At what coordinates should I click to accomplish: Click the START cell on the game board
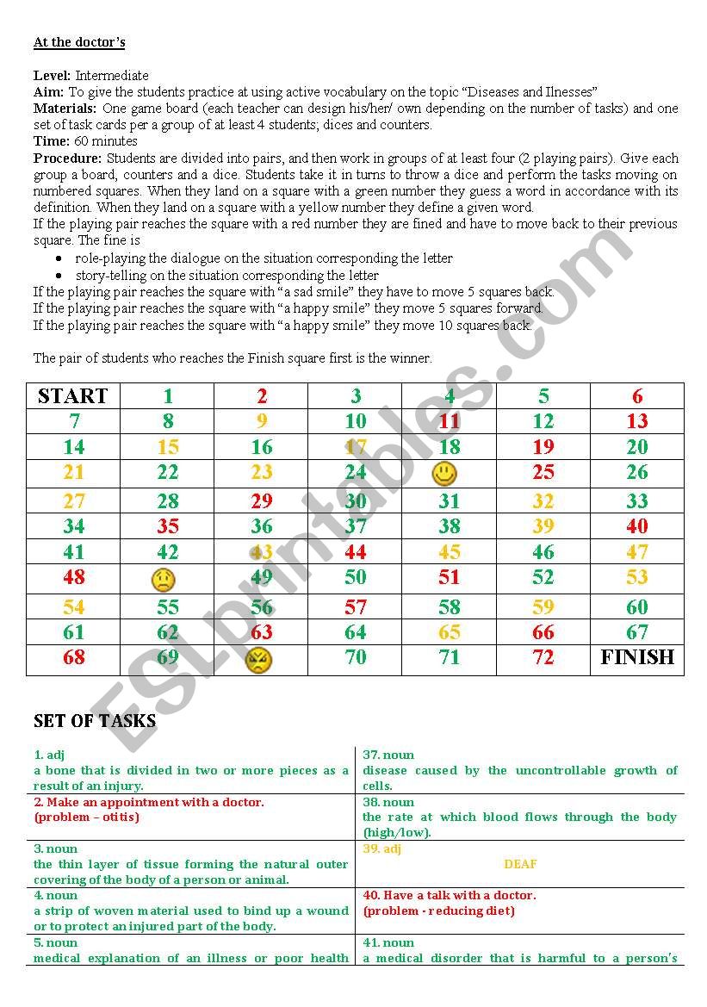tap(73, 396)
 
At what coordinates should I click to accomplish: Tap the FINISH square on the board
tap(637, 658)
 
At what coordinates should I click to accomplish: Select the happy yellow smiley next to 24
tap(444, 473)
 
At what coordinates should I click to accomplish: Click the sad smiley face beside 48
tap(163, 580)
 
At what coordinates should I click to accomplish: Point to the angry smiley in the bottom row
tap(258, 661)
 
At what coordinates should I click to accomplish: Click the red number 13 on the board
tap(637, 421)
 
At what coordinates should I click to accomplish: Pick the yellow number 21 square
tap(74, 472)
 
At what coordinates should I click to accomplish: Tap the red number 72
tap(543, 658)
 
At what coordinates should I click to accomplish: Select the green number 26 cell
tap(637, 472)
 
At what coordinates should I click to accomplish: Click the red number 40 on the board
tap(637, 526)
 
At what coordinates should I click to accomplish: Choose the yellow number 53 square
tap(637, 578)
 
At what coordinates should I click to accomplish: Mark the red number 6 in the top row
tap(637, 396)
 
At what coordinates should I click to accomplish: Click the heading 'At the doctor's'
tap(79, 42)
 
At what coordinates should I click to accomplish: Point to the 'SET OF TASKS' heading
tap(95, 721)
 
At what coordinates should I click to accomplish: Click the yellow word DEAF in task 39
tap(520, 864)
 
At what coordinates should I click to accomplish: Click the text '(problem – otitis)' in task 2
tap(86, 817)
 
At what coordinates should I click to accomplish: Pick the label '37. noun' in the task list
tap(388, 755)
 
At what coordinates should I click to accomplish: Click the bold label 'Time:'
tap(50, 141)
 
